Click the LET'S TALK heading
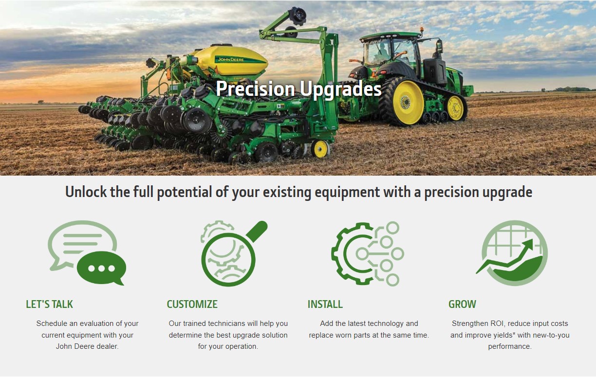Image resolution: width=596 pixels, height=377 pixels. pos(49,305)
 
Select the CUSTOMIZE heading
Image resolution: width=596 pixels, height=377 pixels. pos(192,305)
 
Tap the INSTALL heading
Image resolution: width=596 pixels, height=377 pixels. pos(325,305)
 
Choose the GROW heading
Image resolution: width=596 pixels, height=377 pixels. pos(462,305)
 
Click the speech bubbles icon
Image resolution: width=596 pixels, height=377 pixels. pos(87,253)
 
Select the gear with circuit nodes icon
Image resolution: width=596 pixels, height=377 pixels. pos(368,253)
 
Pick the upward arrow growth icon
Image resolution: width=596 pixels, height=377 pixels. pos(514,253)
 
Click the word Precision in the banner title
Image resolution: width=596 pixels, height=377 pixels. pos(255,90)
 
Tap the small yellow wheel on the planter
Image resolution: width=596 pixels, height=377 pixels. pos(320,149)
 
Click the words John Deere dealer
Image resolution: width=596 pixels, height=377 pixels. pos(87,347)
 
